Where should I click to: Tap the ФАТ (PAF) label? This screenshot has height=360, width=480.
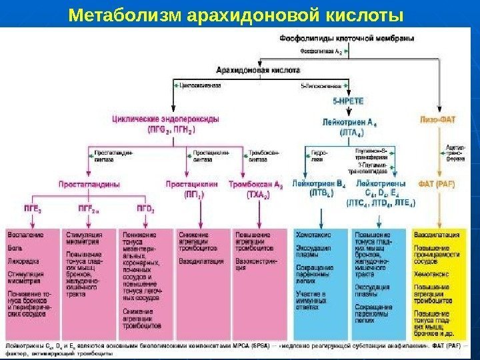click(x=439, y=183)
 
